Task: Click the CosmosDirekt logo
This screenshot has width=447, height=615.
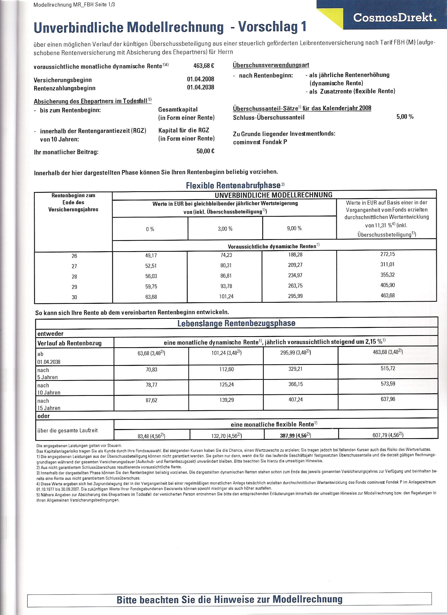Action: (395, 18)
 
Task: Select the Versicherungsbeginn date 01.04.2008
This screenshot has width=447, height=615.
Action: (200, 79)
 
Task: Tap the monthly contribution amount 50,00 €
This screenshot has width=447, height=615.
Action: (205, 151)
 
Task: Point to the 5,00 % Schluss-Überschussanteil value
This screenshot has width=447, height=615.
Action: (405, 117)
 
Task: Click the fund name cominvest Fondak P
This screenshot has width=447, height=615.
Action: (260, 142)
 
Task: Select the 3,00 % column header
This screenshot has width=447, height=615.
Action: (225, 229)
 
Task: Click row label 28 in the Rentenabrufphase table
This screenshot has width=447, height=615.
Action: (74, 276)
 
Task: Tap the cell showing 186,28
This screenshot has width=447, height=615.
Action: (295, 255)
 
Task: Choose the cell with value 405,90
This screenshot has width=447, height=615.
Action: (388, 285)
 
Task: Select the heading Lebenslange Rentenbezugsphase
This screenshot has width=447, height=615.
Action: (236, 323)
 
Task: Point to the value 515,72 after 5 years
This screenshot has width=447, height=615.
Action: (388, 368)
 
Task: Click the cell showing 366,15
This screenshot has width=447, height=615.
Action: (296, 384)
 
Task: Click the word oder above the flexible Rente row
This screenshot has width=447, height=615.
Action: (44, 416)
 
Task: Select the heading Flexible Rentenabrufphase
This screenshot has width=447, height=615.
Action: (233, 185)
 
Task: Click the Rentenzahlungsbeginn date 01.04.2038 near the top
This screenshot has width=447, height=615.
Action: (200, 87)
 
